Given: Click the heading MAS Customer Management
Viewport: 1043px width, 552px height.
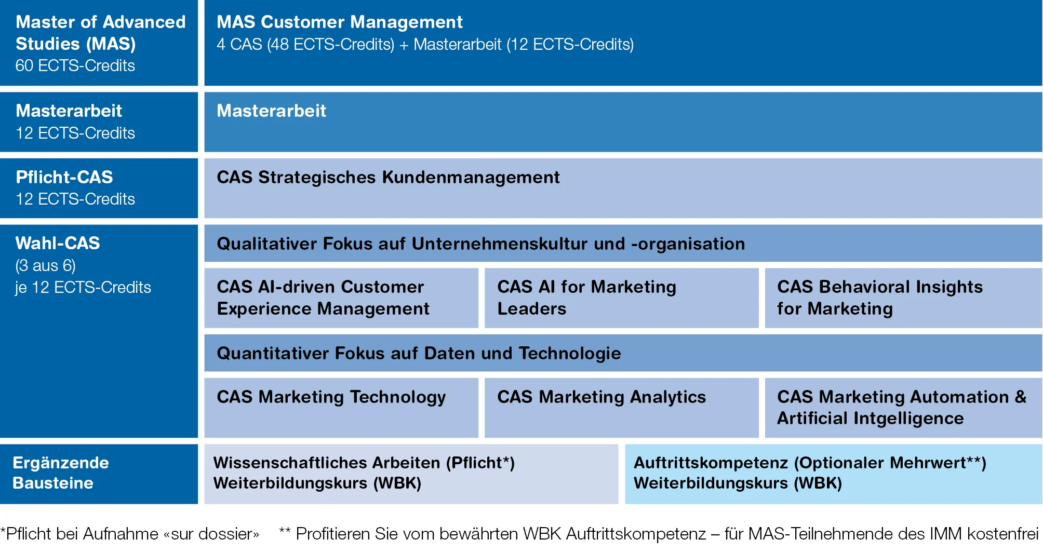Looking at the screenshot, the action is pyautogui.click(x=339, y=22).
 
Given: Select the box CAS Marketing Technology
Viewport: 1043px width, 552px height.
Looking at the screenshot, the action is pyautogui.click(x=341, y=408).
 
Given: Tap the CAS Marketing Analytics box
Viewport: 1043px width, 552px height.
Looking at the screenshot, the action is pyautogui.click(x=621, y=408).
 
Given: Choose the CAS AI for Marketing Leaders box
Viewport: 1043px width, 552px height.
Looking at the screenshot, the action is pyautogui.click(x=621, y=298).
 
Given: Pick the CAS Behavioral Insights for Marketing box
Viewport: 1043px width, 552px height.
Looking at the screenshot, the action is pyautogui.click(x=903, y=298).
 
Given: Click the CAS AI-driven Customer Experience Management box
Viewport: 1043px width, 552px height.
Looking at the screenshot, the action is pyautogui.click(x=341, y=298).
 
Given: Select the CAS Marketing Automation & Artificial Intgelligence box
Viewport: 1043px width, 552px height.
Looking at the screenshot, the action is pyautogui.click(x=903, y=408).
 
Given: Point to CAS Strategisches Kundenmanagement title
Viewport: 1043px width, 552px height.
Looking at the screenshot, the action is pyautogui.click(x=388, y=178).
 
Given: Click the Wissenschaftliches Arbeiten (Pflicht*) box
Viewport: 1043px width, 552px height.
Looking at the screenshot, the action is pyautogui.click(x=411, y=474).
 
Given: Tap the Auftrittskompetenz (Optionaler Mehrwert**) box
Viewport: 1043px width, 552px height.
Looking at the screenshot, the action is pyautogui.click(x=833, y=474).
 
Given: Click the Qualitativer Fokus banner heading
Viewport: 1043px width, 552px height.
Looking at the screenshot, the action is pyautogui.click(x=480, y=244).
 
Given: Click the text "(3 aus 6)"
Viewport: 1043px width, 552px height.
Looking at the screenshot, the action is pyautogui.click(x=46, y=266).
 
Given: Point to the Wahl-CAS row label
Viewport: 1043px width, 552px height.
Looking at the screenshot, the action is pyautogui.click(x=58, y=243).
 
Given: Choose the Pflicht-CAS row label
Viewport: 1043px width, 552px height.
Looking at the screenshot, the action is pyautogui.click(x=64, y=177).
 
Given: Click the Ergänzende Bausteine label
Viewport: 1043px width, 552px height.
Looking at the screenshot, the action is pyautogui.click(x=61, y=473).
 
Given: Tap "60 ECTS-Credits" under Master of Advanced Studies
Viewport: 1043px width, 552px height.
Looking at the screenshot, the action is pyautogui.click(x=75, y=65).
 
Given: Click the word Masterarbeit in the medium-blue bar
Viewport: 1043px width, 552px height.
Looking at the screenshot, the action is pyautogui.click(x=271, y=111).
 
